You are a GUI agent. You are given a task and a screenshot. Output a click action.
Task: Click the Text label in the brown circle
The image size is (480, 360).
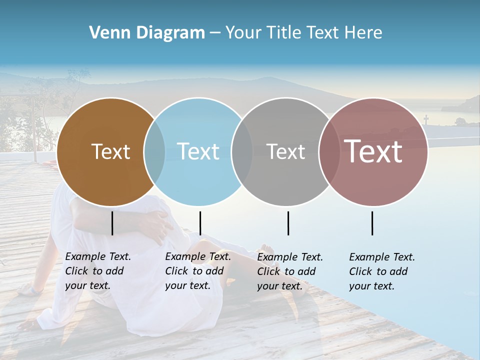click(110, 151)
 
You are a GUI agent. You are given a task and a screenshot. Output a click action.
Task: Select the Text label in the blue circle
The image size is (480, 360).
click(198, 151)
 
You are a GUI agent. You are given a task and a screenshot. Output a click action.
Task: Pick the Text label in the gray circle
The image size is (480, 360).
click(285, 151)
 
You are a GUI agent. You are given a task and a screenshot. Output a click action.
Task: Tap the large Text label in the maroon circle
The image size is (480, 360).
click(373, 151)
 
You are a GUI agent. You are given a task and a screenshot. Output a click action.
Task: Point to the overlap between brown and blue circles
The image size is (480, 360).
click(154, 151)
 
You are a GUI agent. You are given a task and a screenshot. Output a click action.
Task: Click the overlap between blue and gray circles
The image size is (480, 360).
click(242, 151)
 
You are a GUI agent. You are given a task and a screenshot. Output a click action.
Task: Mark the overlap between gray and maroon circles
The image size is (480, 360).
click(329, 151)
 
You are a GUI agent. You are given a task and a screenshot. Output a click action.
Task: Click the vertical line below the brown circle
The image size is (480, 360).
click(112, 223)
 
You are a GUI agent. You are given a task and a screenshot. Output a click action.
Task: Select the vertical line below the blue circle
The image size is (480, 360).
click(200, 223)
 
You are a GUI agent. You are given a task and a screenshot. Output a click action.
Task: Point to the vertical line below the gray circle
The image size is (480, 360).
click(288, 223)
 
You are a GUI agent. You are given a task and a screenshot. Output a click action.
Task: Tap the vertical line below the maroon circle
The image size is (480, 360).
click(372, 223)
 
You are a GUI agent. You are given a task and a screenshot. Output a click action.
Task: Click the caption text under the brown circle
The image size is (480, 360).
click(97, 271)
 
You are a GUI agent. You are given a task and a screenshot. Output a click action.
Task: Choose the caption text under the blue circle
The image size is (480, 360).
click(197, 271)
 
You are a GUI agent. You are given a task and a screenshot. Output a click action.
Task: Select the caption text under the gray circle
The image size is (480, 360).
click(289, 271)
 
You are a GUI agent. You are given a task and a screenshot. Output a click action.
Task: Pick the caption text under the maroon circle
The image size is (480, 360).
click(381, 271)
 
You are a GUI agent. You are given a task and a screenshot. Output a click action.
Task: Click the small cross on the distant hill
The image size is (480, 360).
click(426, 119)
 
